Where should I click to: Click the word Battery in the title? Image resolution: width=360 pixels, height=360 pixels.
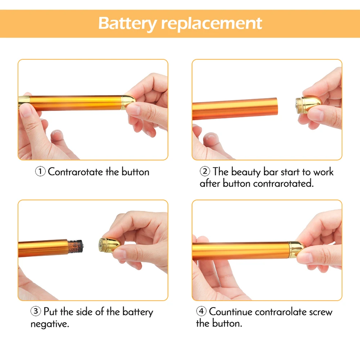click(128, 23)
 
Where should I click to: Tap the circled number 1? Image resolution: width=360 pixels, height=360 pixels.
click(40, 171)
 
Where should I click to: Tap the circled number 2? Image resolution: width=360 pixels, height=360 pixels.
click(205, 171)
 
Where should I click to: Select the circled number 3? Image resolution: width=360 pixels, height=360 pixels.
click(36, 311)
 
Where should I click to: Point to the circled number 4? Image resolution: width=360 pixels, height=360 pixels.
click(201, 311)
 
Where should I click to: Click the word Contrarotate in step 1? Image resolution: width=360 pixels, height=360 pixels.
click(76, 172)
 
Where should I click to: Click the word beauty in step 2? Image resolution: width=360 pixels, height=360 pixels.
click(246, 172)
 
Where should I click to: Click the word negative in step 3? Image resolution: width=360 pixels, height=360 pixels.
click(50, 324)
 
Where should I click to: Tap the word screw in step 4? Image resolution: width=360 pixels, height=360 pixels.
click(321, 312)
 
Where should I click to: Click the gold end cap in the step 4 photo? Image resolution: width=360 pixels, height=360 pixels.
click(296, 249)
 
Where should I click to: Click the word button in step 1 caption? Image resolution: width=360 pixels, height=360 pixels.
click(135, 172)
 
